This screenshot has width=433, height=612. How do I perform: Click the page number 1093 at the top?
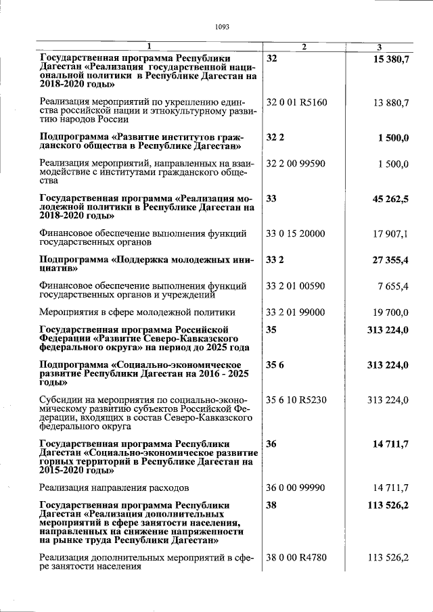[x=222, y=27]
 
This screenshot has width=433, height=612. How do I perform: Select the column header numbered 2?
[x=304, y=47]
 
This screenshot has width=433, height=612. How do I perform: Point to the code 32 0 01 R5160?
[x=296, y=103]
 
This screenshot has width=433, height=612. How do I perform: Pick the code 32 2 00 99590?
[x=296, y=164]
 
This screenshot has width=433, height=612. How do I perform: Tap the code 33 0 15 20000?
[x=296, y=234]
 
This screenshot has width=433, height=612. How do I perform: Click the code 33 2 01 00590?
[x=296, y=286]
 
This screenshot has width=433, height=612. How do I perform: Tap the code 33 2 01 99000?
[x=296, y=312]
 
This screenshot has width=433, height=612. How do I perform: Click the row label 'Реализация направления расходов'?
[x=114, y=487]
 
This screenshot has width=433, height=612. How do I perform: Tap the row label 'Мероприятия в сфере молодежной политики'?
[x=137, y=312]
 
